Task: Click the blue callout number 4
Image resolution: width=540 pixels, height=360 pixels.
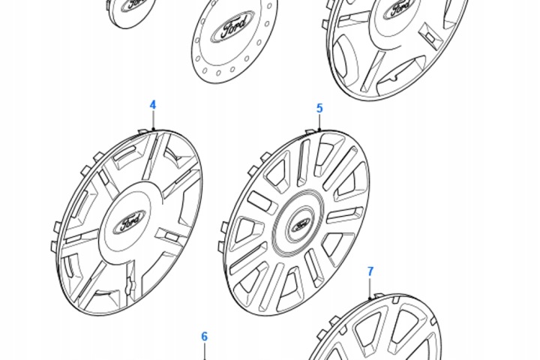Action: (153, 105)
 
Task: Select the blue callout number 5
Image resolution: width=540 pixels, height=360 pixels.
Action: (319, 108)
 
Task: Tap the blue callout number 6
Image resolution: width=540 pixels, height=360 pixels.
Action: (205, 336)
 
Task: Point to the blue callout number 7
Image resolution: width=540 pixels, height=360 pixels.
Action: (370, 271)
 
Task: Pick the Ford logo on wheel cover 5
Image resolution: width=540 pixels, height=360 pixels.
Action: (300, 225)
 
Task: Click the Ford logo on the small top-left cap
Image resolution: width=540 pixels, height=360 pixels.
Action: (133, 4)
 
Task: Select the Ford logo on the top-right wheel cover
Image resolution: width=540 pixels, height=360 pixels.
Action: (401, 7)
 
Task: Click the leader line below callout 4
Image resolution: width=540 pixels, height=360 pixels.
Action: (153, 120)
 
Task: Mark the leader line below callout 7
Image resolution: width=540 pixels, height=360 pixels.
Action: (370, 288)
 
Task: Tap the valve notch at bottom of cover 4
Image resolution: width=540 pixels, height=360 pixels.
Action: (130, 285)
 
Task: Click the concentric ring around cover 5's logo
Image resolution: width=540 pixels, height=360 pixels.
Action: (298, 226)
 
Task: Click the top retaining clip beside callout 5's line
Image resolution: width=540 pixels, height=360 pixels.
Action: (310, 132)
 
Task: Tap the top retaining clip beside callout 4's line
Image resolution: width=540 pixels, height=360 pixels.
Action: (143, 132)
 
